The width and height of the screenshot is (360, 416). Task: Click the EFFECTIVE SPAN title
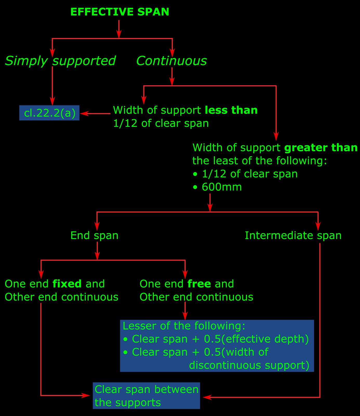click(x=120, y=12)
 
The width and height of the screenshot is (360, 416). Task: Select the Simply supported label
click(x=60, y=61)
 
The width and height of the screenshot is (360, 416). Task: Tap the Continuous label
click(x=171, y=61)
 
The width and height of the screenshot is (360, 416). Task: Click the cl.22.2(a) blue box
click(x=49, y=113)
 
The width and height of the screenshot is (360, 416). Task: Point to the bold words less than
click(x=231, y=110)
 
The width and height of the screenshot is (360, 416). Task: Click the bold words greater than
click(x=321, y=148)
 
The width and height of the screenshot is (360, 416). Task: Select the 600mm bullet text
click(x=221, y=187)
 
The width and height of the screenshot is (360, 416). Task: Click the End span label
click(x=94, y=236)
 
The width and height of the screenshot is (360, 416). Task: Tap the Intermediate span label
click(x=293, y=236)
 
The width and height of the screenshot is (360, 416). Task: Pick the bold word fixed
click(x=67, y=284)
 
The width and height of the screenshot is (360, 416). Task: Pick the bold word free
click(x=199, y=284)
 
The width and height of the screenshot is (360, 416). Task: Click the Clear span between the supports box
click(x=146, y=396)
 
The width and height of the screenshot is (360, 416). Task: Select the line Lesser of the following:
click(x=184, y=326)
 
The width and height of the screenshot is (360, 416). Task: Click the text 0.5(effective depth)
click(x=256, y=339)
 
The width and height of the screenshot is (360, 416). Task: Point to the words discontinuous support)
click(x=249, y=365)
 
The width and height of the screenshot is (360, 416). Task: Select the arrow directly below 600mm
click(x=210, y=203)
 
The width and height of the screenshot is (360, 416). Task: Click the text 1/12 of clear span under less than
click(x=161, y=123)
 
